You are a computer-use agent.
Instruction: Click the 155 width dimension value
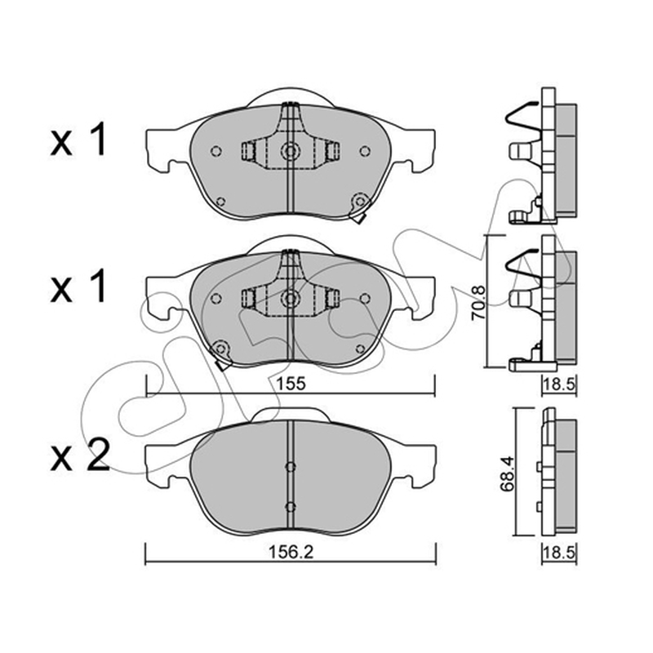[291, 383]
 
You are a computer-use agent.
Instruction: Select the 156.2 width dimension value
[291, 553]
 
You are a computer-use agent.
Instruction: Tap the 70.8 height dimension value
[478, 303]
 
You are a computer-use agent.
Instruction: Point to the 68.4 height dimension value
[508, 474]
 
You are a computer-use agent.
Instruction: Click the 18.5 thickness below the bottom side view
[559, 553]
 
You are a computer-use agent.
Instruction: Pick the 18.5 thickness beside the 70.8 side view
[559, 384]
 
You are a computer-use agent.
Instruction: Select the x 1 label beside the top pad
[78, 140]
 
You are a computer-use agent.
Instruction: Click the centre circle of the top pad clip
[290, 151]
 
